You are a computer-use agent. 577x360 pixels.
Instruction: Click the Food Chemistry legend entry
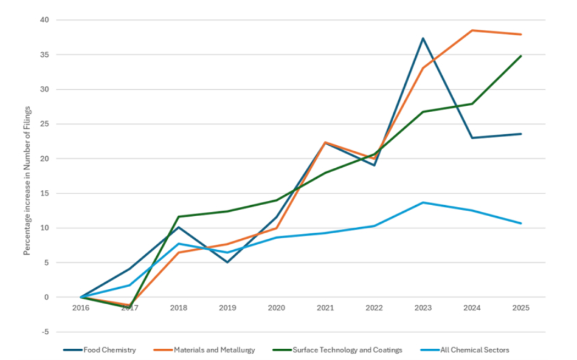[99, 350]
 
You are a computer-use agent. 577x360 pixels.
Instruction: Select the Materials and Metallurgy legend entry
[204, 350]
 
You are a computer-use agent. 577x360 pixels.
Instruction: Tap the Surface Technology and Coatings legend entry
[337, 350]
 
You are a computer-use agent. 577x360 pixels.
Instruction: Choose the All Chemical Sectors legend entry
[464, 350]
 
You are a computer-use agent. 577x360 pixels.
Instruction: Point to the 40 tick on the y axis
[44, 20]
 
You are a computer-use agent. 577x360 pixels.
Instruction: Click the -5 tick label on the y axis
[45, 332]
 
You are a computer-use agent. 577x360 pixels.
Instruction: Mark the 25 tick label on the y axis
[44, 124]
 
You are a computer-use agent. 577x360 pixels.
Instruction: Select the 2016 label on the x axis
[81, 308]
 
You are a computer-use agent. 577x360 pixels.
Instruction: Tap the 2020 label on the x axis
[276, 308]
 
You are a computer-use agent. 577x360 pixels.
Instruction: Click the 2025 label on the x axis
[521, 308]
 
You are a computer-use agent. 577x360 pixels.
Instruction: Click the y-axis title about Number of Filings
[27, 181]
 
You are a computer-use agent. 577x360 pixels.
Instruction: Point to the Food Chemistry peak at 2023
[423, 38]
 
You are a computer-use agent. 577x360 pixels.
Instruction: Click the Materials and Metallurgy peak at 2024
[472, 31]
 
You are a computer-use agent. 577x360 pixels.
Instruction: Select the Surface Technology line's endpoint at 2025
[521, 56]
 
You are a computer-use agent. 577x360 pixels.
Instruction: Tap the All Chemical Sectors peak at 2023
[423, 203]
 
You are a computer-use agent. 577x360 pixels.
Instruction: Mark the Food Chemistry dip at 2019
[227, 262]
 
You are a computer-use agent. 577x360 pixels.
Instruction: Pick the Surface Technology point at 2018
[178, 217]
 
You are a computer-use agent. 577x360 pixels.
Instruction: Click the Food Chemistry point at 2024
[472, 138]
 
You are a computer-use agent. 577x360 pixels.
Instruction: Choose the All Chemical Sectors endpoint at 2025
[521, 223]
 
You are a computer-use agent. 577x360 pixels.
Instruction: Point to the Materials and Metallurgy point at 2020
[276, 228]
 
